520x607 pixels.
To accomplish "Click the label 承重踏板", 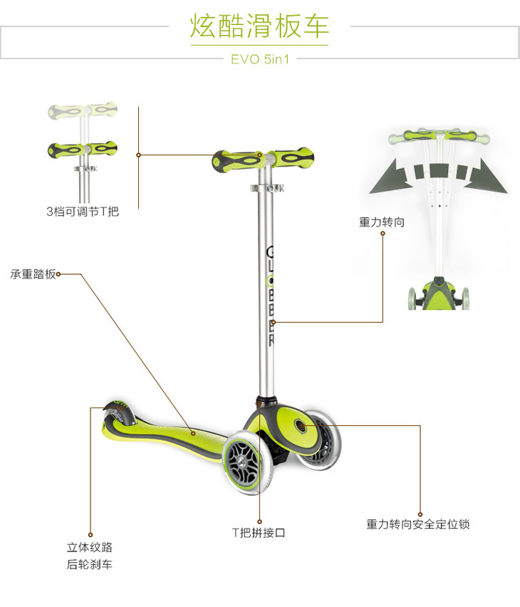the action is pos(32,274).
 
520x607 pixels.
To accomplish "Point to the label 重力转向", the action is pos(382,222).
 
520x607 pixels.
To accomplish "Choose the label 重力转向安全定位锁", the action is pos(418,524).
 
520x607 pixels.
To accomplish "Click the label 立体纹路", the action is pos(90,548).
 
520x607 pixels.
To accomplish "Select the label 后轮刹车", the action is pos(90,565).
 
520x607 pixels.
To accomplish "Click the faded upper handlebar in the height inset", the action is pos(83,112).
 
